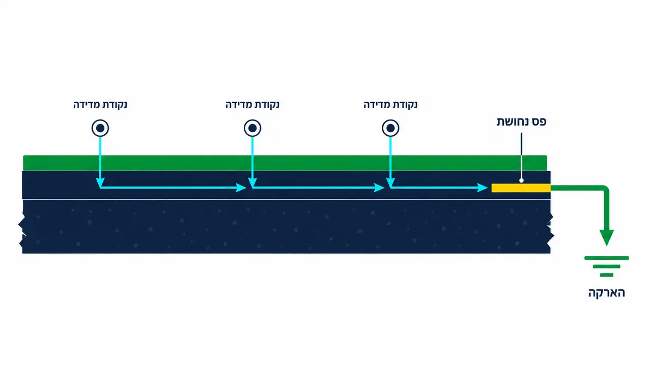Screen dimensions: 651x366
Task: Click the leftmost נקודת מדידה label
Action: tap(100, 105)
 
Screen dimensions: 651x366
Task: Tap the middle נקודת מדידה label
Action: tap(252, 105)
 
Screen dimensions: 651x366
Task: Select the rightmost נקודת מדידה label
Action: tap(390, 105)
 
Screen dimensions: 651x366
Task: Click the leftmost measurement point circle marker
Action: tap(100, 128)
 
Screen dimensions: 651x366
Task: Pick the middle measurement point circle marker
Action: tap(252, 128)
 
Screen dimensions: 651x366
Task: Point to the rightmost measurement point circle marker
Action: tap(390, 128)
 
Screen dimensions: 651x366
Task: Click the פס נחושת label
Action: tap(521, 121)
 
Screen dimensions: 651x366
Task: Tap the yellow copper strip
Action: tap(521, 188)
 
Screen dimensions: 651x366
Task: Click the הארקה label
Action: tap(607, 293)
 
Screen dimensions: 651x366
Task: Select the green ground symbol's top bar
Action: tap(607, 258)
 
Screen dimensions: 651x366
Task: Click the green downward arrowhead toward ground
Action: tap(607, 237)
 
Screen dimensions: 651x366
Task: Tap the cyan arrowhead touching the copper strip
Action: tap(483, 188)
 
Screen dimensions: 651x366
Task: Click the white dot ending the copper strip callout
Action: tap(521, 180)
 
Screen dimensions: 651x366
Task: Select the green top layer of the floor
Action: tap(285, 163)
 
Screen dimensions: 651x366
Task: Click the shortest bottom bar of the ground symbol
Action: tap(607, 275)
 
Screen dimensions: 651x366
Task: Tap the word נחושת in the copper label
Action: tap(512, 121)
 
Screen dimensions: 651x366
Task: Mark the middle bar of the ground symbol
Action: tap(607, 266)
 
